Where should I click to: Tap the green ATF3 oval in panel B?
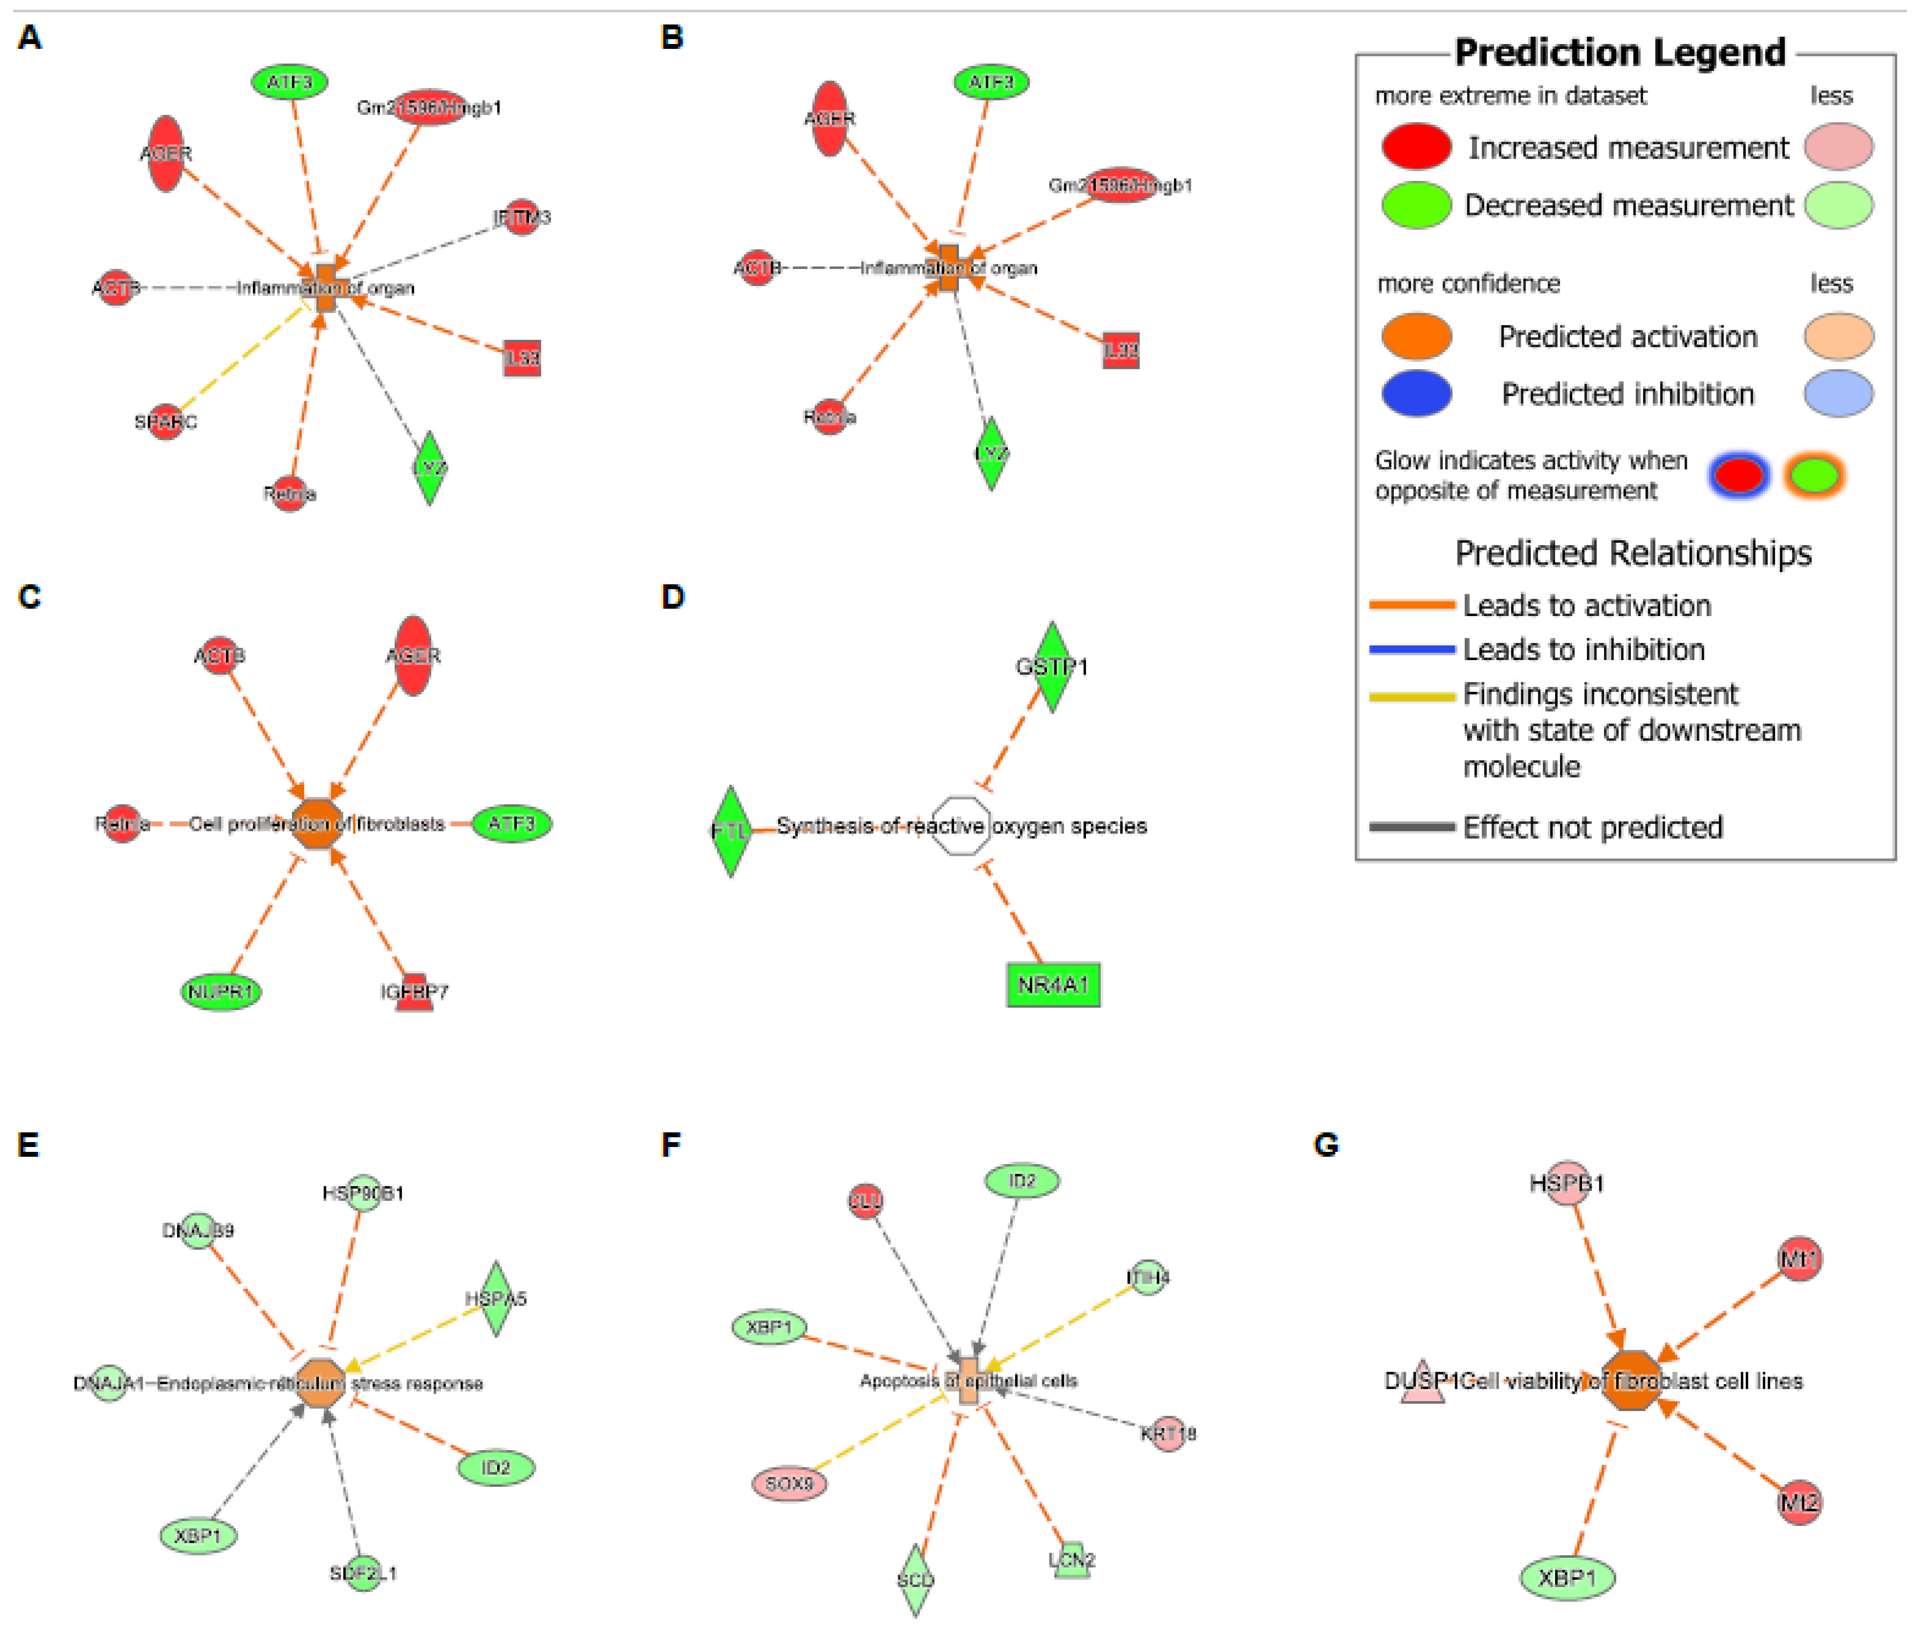tap(991, 82)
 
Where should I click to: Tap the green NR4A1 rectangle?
tap(1053, 985)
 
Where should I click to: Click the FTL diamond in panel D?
tap(731, 831)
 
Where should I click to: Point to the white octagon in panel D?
tap(961, 826)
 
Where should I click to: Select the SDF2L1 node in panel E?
tap(363, 1573)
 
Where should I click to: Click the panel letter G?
tap(1325, 1146)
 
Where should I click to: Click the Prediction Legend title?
tap(1620, 53)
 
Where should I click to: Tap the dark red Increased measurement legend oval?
tap(1416, 147)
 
